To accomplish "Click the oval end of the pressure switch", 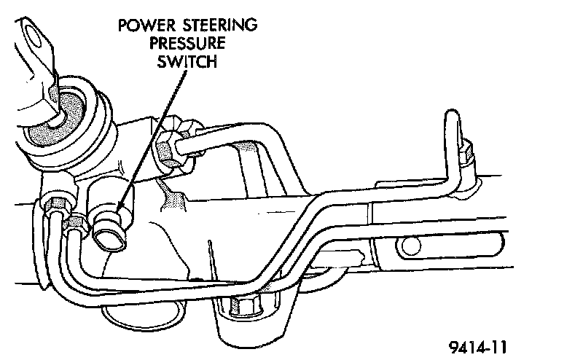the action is coord(109,240).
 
